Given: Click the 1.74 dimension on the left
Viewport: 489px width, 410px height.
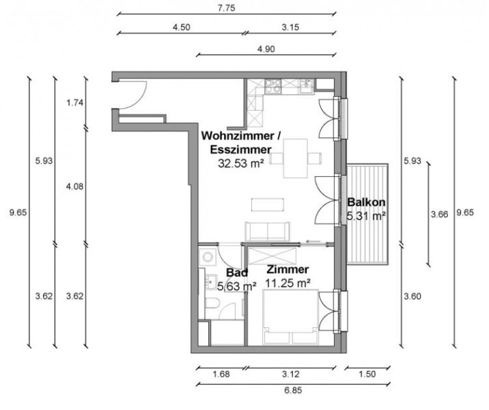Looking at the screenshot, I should click(x=75, y=103).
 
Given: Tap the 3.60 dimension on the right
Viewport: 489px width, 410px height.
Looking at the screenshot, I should click(x=412, y=296).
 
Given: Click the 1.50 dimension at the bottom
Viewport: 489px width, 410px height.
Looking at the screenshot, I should click(x=367, y=374).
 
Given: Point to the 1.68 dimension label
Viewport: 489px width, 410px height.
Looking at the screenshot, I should click(x=221, y=374).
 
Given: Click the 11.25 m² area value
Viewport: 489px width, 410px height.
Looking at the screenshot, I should click(x=288, y=282).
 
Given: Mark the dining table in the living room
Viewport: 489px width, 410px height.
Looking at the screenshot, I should click(x=296, y=158).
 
